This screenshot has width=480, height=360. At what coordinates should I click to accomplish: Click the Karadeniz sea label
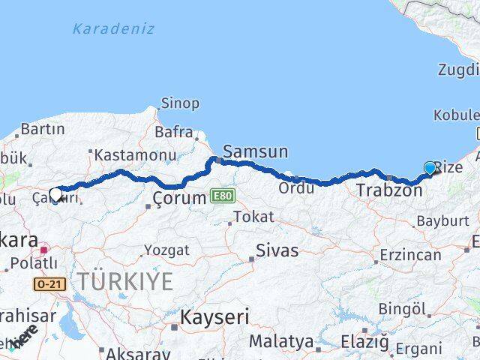tap(113, 29)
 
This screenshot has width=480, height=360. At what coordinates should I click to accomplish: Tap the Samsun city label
tap(255, 151)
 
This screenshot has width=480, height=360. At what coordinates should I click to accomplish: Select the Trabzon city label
tap(389, 190)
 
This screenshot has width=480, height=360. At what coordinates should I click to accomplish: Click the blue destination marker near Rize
tap(430, 168)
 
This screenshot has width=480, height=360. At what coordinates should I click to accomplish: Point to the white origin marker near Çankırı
tap(55, 194)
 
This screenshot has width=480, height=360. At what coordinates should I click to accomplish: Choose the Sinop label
tap(180, 103)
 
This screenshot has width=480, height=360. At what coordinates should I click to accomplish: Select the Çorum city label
tap(178, 199)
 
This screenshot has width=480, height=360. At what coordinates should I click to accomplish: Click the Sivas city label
tap(277, 250)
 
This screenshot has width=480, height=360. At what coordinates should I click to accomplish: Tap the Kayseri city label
tap(214, 317)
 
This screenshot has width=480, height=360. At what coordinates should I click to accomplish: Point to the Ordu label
tap(296, 187)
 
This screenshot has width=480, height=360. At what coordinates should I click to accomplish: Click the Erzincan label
tap(410, 255)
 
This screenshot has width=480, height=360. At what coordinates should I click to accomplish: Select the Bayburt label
tap(442, 221)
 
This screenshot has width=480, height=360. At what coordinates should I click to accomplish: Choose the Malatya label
tap(281, 341)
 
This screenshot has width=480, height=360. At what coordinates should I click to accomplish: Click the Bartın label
tap(43, 129)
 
